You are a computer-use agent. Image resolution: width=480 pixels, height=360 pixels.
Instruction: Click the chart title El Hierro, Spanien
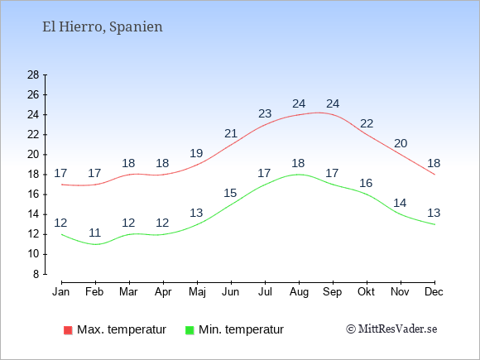tap(103, 27)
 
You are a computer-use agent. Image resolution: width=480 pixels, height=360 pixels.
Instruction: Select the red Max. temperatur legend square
tap(68, 330)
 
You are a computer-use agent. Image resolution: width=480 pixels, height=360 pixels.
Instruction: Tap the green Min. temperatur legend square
tap(190, 330)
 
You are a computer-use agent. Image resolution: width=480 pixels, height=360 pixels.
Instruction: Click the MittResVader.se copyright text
tap(391, 329)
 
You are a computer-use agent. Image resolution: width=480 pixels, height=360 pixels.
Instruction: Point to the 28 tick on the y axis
tap(33, 74)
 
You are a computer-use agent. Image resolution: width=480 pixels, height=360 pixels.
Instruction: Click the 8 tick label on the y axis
tap(36, 274)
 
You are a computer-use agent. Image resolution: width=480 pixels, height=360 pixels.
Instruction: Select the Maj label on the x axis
tap(197, 292)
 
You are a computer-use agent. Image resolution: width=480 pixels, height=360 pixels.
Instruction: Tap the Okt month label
tap(366, 292)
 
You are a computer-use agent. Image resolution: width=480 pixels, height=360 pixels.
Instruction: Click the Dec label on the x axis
tap(434, 292)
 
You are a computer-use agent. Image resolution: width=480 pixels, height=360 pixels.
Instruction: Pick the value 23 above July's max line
tap(265, 113)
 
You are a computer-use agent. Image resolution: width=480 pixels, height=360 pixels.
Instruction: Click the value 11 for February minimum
tap(95, 233)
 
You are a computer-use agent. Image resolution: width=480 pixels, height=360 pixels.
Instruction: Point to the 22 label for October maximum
tap(367, 123)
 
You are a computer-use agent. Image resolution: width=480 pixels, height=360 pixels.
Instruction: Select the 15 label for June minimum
tap(230, 193)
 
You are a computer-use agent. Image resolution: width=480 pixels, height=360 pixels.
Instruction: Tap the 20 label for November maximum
tap(401, 143)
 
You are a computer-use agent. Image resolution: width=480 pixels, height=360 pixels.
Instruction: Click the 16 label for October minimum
tap(366, 183)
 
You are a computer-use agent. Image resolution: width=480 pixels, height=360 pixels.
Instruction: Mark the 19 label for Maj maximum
tap(196, 153)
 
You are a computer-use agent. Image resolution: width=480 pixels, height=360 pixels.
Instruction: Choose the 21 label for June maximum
tap(231, 133)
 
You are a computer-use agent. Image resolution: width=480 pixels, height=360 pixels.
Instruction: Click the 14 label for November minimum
tap(400, 203)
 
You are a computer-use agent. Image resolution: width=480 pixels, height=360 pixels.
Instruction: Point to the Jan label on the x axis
tap(61, 292)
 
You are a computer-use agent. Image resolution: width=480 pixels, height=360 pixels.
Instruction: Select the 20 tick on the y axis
tap(33, 154)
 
